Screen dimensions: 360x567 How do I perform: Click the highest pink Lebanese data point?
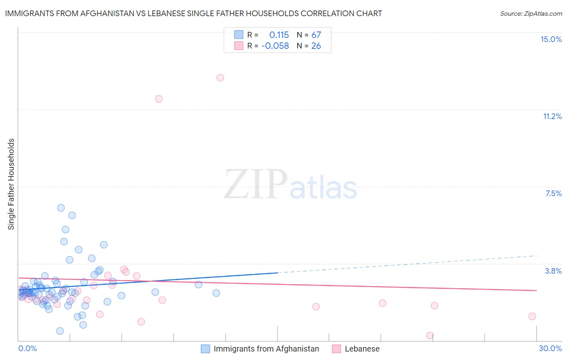[220, 77]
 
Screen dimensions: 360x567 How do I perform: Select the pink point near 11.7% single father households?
[158, 99]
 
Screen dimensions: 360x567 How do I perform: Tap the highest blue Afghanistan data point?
[61, 208]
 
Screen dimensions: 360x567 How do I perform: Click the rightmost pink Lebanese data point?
[532, 316]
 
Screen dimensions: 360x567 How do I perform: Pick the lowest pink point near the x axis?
[430, 335]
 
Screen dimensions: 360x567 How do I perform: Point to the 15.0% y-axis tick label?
[551, 39]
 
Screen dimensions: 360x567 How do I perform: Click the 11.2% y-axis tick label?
[552, 116]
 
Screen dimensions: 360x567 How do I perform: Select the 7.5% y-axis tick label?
[553, 193]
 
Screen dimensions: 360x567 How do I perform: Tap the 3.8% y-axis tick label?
[553, 271]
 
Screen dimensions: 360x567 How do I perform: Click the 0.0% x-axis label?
[27, 348]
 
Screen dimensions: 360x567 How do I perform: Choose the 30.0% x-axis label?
[550, 348]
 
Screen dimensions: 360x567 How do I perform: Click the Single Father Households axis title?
[11, 184]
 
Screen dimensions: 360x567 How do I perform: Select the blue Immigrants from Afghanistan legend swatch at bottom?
[205, 349]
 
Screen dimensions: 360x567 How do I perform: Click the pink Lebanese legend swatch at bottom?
[336, 349]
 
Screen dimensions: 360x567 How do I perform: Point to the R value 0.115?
[279, 35]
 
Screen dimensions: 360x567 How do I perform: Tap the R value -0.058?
[275, 46]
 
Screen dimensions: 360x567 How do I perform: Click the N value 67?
[316, 35]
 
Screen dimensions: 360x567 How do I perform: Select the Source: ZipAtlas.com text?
[531, 14]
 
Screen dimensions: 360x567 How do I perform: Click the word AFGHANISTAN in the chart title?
[108, 13]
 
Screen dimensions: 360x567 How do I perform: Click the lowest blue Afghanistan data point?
[60, 331]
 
